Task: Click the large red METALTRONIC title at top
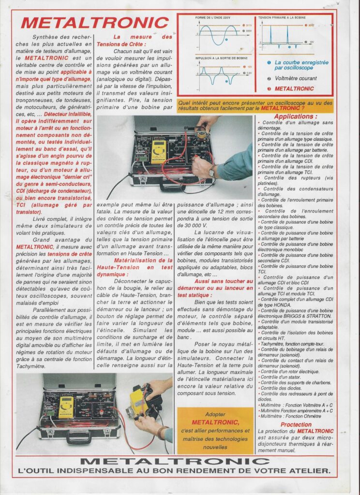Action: click(x=95, y=22)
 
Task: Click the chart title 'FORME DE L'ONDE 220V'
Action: click(x=213, y=18)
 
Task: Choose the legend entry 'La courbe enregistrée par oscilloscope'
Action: click(x=301, y=65)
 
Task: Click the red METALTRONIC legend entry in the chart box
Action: click(x=294, y=89)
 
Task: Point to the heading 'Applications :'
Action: click(x=296, y=116)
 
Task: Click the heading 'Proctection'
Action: click(x=296, y=424)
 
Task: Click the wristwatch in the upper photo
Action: click(x=211, y=171)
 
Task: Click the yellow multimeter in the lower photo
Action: click(x=66, y=408)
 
